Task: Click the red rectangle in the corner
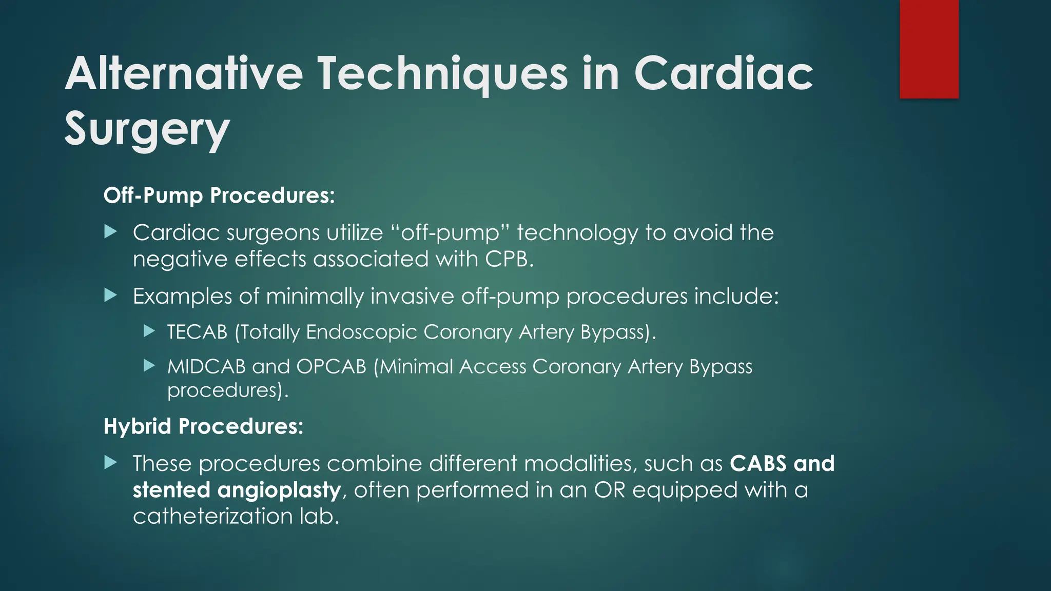click(x=929, y=49)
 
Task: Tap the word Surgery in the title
click(x=147, y=129)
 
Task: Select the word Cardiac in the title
click(x=724, y=74)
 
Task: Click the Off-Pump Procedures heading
click(x=219, y=195)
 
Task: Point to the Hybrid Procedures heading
click(x=203, y=426)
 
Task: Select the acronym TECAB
click(x=197, y=332)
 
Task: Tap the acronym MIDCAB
click(x=206, y=367)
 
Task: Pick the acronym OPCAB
click(x=331, y=367)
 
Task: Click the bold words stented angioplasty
click(x=237, y=490)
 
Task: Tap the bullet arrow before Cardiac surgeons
click(x=110, y=232)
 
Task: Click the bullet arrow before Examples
click(x=110, y=295)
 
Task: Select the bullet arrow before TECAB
click(x=149, y=331)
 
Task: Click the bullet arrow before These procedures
click(x=110, y=463)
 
